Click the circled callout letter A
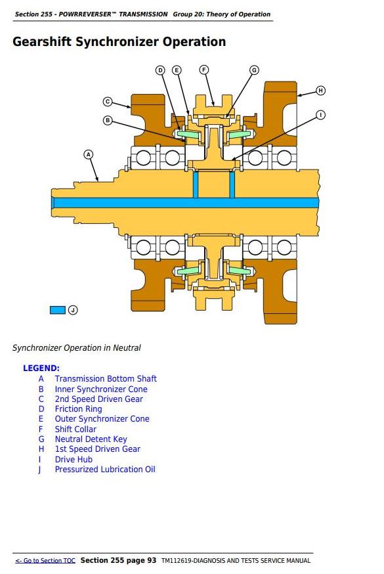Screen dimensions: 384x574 point(89,154)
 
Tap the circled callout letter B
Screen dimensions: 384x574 point(108,120)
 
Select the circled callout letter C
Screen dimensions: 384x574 point(108,101)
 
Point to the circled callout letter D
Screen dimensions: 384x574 point(161,70)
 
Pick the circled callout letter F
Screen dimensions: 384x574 point(204,70)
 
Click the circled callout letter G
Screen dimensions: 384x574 point(254,70)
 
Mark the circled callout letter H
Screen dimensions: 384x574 point(320,91)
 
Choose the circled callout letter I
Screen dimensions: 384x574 point(320,115)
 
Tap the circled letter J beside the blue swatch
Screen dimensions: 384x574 point(73,310)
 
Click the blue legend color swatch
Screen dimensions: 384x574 point(57,310)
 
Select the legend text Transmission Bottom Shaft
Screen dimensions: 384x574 point(106,378)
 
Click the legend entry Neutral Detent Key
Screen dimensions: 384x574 point(91,439)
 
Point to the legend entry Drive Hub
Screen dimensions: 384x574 point(74,459)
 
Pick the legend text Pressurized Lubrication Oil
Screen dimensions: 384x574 point(105,470)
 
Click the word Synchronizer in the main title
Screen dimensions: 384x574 point(117,42)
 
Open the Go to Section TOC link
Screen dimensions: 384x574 point(45,560)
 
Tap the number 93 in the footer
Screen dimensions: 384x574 point(152,560)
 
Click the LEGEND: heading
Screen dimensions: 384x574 point(41,368)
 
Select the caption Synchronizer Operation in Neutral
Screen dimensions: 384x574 point(76,348)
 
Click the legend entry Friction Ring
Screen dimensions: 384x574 point(78,409)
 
